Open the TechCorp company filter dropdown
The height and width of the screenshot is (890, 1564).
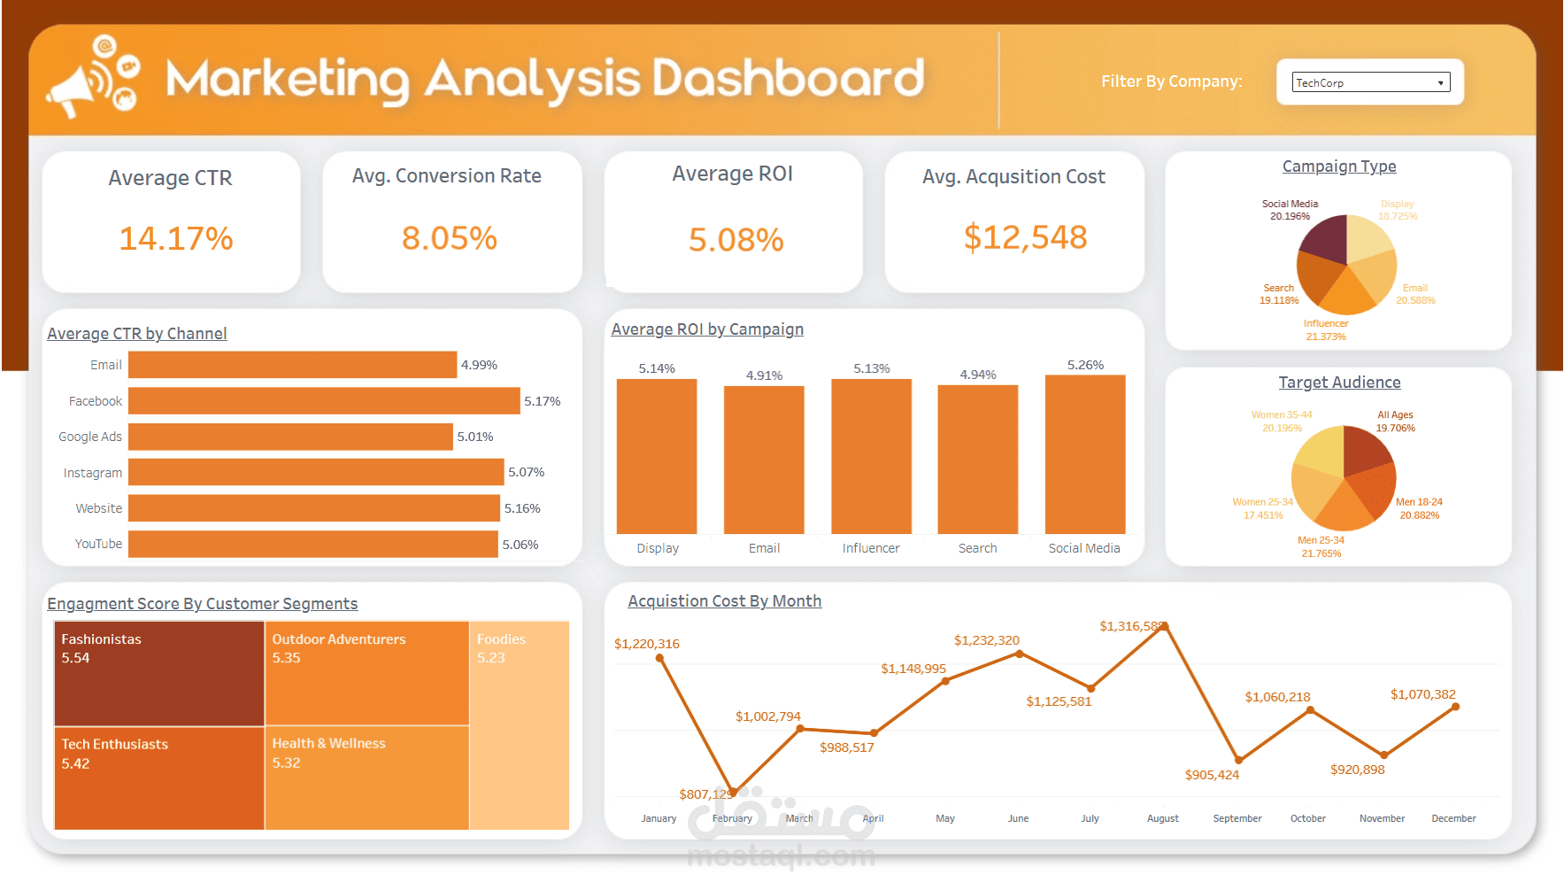pyautogui.click(x=1370, y=82)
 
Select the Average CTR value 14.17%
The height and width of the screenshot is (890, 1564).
pyautogui.click(x=176, y=238)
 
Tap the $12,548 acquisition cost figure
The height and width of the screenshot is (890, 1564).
pyautogui.click(x=1025, y=237)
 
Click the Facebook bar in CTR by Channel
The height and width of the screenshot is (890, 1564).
pyautogui.click(x=324, y=401)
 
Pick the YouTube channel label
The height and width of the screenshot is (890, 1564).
pyautogui.click(x=98, y=544)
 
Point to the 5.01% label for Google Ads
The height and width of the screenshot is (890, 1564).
pyautogui.click(x=475, y=437)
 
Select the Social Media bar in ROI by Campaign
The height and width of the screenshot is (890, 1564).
pyautogui.click(x=1084, y=454)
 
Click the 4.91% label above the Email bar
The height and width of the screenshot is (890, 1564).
pyautogui.click(x=764, y=375)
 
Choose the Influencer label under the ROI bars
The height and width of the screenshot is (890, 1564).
pyautogui.click(x=870, y=548)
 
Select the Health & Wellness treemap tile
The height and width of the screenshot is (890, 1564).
pyautogui.click(x=366, y=778)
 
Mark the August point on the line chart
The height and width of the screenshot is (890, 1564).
pyautogui.click(x=1165, y=627)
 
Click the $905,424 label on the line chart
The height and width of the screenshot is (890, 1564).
pyautogui.click(x=1212, y=775)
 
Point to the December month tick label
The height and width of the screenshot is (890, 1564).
pyautogui.click(x=1453, y=818)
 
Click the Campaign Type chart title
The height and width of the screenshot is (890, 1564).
pyautogui.click(x=1338, y=166)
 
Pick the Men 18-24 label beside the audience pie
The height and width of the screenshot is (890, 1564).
pyautogui.click(x=1419, y=502)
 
